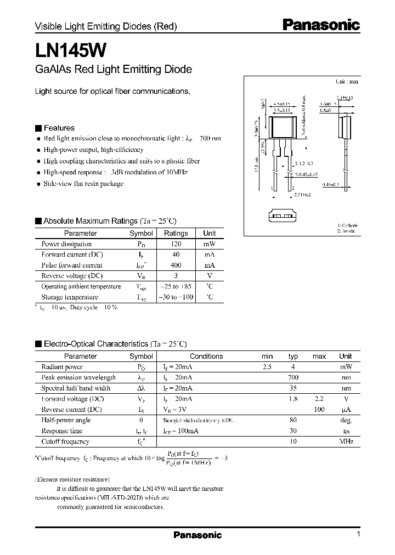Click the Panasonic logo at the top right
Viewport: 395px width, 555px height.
point(321,24)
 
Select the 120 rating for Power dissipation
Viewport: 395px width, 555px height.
point(176,244)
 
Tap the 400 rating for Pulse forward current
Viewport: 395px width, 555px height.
point(176,265)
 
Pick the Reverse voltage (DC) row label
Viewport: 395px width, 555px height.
point(72,276)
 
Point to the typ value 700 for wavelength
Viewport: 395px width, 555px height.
point(293,378)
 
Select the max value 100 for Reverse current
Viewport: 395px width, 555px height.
point(319,410)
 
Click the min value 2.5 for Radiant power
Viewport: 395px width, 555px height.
point(267,367)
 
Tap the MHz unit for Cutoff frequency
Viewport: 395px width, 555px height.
point(346,441)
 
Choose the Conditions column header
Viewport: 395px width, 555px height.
point(206,356)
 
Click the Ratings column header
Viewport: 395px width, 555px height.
point(176,233)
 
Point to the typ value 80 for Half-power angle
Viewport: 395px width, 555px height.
point(293,421)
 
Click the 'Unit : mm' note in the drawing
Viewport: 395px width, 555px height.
point(346,81)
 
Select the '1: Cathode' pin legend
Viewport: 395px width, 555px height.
point(347,225)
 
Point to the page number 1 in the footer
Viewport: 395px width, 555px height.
point(358,535)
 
